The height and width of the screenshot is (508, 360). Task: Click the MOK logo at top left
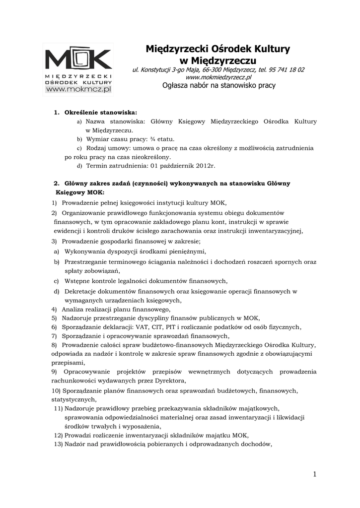77,59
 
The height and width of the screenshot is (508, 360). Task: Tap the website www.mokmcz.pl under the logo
77,89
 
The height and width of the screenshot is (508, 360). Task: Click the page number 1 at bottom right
314,474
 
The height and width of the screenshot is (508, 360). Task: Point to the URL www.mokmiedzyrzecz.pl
218,77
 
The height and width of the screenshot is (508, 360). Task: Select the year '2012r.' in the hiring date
206,165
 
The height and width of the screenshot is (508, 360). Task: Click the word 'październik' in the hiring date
177,165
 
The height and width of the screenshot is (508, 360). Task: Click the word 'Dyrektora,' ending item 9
170,381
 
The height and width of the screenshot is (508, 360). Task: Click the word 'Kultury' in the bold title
271,49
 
